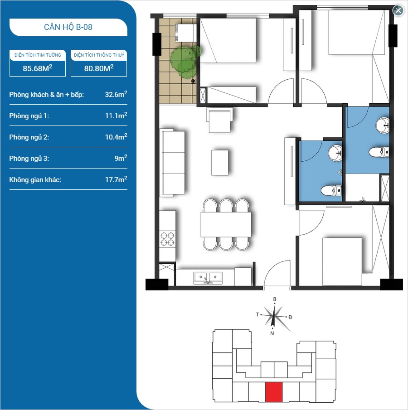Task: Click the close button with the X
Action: click(x=398, y=10)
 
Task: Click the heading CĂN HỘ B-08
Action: click(x=68, y=27)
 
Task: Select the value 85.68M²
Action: click(x=38, y=68)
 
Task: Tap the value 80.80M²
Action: click(x=99, y=68)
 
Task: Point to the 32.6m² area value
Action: click(x=116, y=94)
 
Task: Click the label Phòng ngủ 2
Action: click(x=29, y=137)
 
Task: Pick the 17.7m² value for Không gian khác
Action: click(x=116, y=179)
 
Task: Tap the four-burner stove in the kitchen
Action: click(x=167, y=239)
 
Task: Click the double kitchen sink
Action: click(x=208, y=278)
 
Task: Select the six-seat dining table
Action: click(x=226, y=225)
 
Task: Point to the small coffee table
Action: click(x=219, y=162)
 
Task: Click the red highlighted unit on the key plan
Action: click(x=274, y=392)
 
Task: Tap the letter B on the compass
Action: click(x=275, y=299)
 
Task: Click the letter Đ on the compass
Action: click(x=290, y=317)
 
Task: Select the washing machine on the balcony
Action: click(x=184, y=33)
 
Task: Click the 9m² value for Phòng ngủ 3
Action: click(x=121, y=158)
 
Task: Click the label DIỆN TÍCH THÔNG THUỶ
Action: click(x=99, y=55)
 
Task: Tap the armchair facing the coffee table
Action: click(x=219, y=120)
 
